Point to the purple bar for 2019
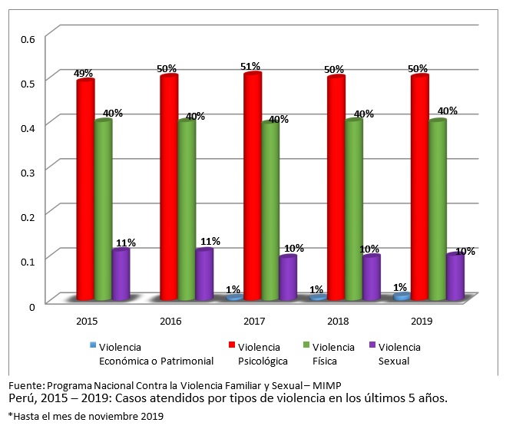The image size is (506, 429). pyautogui.click(x=455, y=276)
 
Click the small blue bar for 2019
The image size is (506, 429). pyautogui.click(x=400, y=296)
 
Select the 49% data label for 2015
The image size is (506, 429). pyautogui.click(x=84, y=74)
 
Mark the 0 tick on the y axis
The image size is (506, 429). pyautogui.click(x=31, y=307)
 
